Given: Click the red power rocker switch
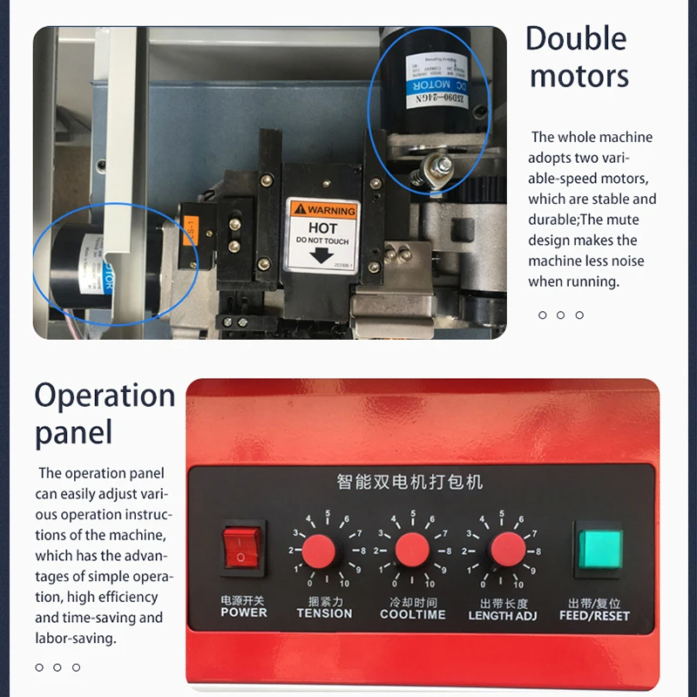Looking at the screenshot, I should tap(243, 550).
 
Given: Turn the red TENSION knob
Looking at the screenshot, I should tap(320, 551).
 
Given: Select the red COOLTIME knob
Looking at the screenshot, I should tap(412, 551).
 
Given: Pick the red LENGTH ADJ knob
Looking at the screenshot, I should tap(507, 551).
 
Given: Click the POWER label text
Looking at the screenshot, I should tap(243, 613).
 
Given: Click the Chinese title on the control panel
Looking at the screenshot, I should tap(409, 481).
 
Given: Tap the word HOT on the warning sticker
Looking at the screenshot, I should tap(322, 227).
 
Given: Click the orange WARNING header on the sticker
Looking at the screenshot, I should tap(323, 210).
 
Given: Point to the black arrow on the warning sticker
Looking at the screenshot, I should tap(322, 256).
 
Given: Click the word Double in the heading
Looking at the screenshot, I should tap(576, 39).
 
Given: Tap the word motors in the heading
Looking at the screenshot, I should tap(579, 77).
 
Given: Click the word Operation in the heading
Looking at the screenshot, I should tap(105, 396).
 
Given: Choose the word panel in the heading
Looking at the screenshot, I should tap(74, 433).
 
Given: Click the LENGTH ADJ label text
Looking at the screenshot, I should tap(503, 615).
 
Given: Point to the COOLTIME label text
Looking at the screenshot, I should tap(412, 614).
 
